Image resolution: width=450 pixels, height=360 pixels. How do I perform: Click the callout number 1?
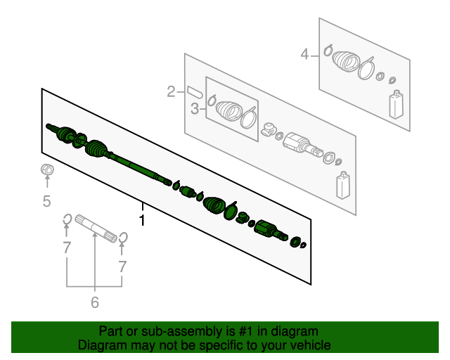(142, 220)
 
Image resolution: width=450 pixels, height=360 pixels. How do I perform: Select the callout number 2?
(171, 92)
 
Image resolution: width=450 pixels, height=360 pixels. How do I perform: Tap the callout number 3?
(195, 109)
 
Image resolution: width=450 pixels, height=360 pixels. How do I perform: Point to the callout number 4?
(304, 54)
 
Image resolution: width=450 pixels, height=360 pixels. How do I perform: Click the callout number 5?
(47, 200)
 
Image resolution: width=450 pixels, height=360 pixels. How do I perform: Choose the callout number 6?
(95, 302)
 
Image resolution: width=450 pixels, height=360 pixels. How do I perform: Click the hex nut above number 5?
(47, 169)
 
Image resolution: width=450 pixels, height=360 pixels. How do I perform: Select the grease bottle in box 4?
(396, 105)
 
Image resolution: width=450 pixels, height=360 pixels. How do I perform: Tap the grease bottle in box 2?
(343, 186)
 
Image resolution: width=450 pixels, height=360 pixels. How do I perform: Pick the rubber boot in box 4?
(345, 61)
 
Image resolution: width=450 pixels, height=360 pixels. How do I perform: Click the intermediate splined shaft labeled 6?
(96, 228)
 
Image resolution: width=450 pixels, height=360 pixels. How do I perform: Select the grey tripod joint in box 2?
(269, 129)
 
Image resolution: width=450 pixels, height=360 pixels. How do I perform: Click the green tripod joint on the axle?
(243, 217)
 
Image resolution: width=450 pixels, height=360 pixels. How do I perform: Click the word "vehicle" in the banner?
(311, 345)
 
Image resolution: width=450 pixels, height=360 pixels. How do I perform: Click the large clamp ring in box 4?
(366, 68)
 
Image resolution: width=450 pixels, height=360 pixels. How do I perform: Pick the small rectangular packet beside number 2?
(195, 91)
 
